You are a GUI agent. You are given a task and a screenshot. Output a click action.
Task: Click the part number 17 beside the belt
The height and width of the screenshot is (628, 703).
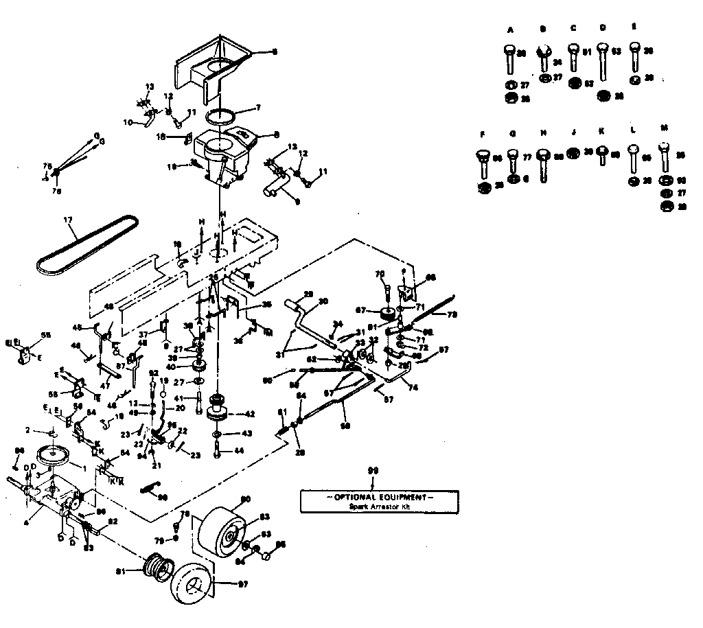pyautogui.click(x=67, y=221)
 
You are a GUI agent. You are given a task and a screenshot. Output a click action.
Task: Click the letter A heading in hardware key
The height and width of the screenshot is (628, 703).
pyautogui.click(x=510, y=30)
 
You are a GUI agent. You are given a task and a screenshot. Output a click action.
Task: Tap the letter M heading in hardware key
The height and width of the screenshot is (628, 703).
pyautogui.click(x=663, y=128)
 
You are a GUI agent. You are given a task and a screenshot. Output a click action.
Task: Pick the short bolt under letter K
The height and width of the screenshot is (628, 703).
pyautogui.click(x=601, y=154)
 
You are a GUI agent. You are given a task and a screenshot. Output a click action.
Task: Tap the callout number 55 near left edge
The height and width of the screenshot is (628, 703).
pyautogui.click(x=46, y=335)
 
